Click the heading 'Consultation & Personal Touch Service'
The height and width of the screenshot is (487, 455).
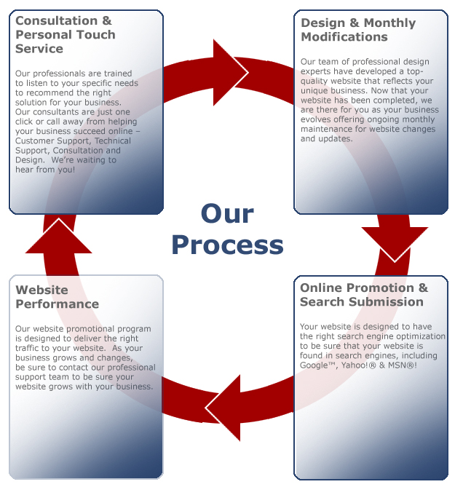point(65,35)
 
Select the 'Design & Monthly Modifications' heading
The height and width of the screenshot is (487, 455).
point(358,30)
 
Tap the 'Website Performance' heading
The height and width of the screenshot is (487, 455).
point(57,297)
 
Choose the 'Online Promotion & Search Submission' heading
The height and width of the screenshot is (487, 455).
point(364,294)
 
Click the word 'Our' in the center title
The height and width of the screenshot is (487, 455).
point(226,213)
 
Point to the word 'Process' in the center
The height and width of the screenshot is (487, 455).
point(226,245)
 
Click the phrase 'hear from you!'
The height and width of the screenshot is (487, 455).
point(44,169)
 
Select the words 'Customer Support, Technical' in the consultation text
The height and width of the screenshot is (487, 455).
point(73,140)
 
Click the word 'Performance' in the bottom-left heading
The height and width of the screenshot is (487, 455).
point(57,304)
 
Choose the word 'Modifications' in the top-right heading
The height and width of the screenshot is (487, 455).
point(344,37)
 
